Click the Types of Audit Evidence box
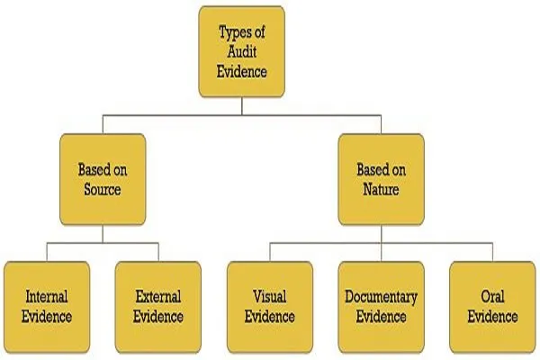coord(242,51)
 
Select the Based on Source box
coord(103,179)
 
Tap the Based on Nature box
coord(382,179)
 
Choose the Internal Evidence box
coord(47,307)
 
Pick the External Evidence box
coord(158,307)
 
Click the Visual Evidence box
coord(270,307)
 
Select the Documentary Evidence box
coord(382,307)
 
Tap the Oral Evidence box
coord(493,307)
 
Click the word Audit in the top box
coord(242,51)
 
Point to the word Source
coord(103,190)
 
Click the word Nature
coord(382,190)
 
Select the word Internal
coord(47,297)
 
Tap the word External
coord(158,297)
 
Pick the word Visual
coord(270,297)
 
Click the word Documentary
coord(382,297)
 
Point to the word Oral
coord(493,297)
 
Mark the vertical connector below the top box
coord(242,106)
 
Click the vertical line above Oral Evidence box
coord(493,252)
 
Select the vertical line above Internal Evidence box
coord(47,252)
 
